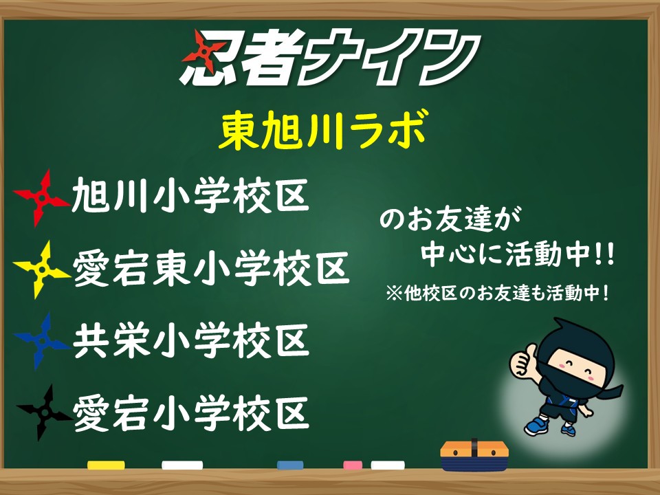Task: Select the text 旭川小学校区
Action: coord(190,195)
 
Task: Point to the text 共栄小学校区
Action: coord(191,340)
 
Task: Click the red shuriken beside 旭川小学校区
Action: coord(42,198)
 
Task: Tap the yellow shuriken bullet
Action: coord(42,269)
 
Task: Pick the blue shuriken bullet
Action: coord(42,341)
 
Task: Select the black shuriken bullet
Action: coord(44,412)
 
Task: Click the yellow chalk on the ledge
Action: coord(106,465)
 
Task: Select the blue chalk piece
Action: coord(290,465)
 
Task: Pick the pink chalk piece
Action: coord(353,465)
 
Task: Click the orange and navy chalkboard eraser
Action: coord(474,455)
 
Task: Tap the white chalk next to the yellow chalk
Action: coord(182,465)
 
